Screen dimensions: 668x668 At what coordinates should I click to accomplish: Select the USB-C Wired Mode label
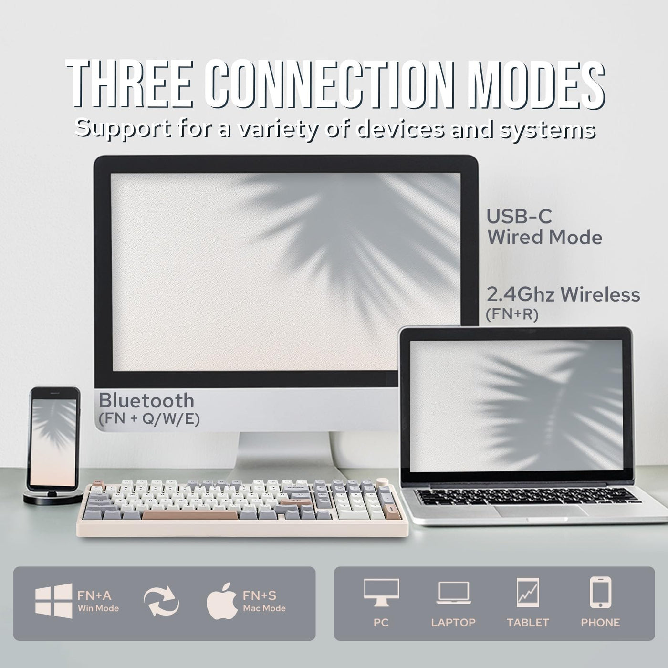coord(544,227)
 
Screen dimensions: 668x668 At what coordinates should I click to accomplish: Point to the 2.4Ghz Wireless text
coord(563,294)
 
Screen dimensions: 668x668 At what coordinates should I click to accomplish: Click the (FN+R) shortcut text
coord(511,315)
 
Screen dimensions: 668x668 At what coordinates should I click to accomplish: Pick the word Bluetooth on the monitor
coord(146,400)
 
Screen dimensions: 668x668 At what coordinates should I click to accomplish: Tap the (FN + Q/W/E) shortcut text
coord(149,418)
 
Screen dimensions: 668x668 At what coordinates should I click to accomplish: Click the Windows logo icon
coord(54,601)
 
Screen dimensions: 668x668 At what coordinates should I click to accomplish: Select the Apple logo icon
coord(222,601)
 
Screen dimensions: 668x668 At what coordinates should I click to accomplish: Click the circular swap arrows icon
coord(162,601)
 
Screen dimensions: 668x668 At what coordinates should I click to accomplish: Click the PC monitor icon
coord(381,592)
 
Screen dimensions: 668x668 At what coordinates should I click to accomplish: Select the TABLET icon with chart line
coord(528,592)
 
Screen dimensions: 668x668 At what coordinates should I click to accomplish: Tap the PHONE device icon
coord(600,592)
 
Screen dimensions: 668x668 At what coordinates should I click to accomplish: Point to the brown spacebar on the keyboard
coord(189,515)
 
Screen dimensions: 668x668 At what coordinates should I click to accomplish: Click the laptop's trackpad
coord(540,510)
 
